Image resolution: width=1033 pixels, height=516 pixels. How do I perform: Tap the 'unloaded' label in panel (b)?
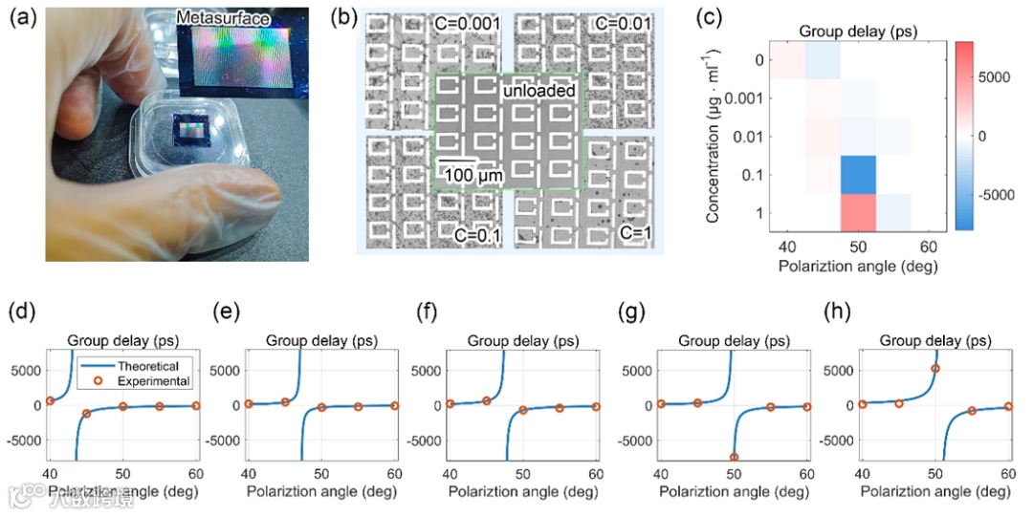click(540, 92)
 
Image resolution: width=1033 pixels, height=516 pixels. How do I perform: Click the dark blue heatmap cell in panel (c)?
click(858, 174)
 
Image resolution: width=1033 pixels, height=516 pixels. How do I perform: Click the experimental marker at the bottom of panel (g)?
click(734, 458)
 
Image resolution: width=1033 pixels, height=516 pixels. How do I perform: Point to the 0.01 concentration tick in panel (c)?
click(746, 137)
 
